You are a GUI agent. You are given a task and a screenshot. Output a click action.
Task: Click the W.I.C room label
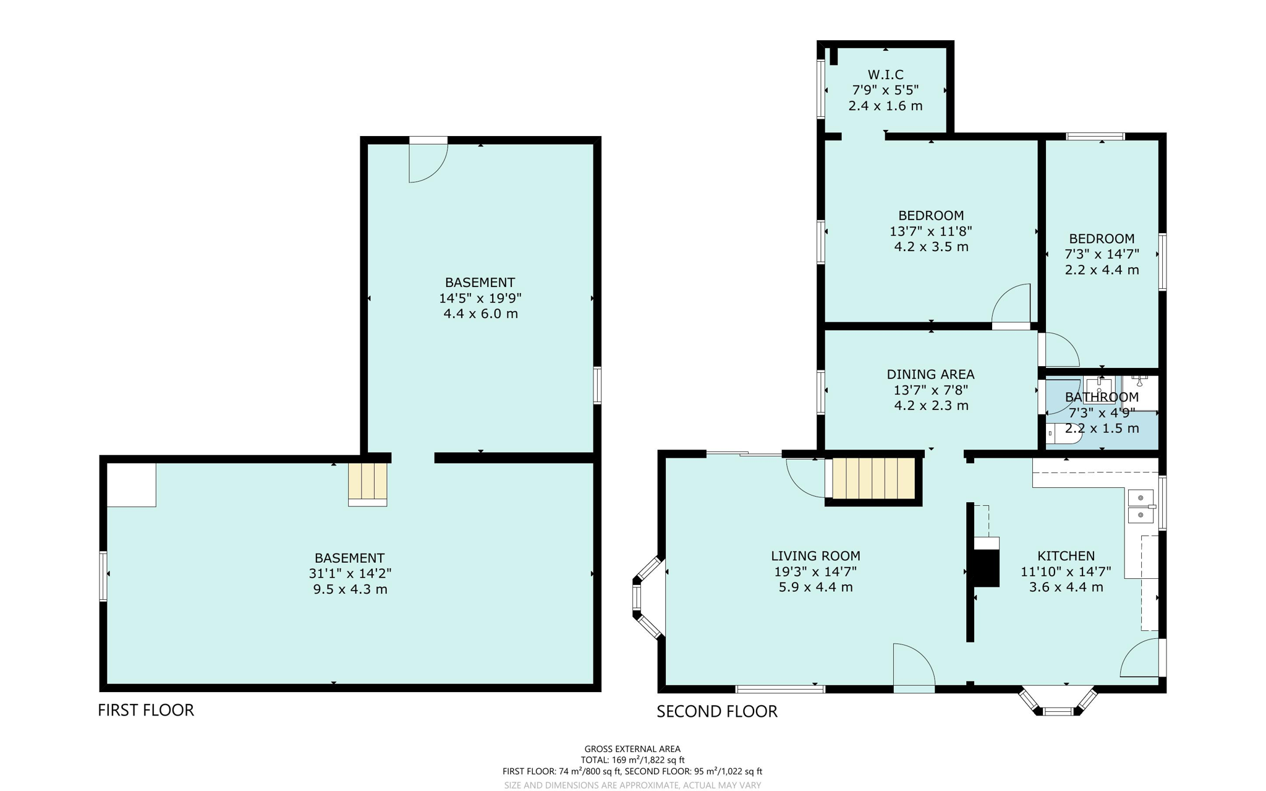885,75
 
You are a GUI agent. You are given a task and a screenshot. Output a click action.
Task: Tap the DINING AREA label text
930,374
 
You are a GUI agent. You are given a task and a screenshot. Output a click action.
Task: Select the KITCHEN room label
1066,556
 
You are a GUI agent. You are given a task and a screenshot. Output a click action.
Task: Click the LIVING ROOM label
815,556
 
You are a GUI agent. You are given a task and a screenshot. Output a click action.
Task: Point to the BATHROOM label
1102,397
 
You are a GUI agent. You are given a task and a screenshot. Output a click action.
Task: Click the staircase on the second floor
873,478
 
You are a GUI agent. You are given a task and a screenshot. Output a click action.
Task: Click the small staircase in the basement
368,482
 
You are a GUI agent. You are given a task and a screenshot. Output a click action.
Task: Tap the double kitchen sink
1141,506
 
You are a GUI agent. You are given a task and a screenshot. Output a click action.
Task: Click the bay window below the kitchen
1058,703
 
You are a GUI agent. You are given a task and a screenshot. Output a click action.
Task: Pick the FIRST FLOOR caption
146,710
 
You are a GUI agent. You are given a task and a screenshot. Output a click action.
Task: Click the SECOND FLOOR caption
716,711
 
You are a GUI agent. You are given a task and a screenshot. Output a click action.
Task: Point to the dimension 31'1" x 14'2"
350,573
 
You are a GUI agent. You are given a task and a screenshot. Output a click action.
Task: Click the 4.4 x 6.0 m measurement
480,314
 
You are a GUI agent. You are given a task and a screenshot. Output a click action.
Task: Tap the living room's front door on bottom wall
914,668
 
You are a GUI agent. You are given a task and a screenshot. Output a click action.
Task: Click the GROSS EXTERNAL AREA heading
632,749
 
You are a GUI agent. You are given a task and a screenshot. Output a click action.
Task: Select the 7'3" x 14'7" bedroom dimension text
1102,254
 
